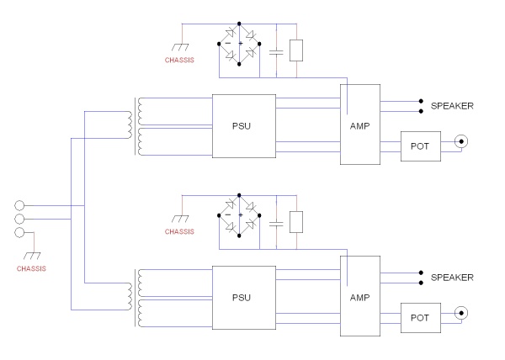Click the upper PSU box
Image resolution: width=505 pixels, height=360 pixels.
coord(243,126)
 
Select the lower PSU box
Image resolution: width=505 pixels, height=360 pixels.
coord(243,298)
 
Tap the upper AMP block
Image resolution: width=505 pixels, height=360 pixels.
coord(359,124)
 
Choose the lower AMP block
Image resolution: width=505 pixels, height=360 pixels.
coord(359,296)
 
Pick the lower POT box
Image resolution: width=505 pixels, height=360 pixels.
coord(419,317)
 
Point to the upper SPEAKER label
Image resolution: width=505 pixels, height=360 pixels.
coord(452,106)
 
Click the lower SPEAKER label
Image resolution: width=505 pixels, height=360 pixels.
coord(452,278)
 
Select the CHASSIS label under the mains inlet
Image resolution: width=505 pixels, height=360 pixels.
coord(31,268)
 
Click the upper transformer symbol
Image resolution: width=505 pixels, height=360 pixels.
coord(135,126)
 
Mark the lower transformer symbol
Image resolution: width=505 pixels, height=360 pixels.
coord(135,299)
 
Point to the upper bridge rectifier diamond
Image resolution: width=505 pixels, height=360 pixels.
coord(240,44)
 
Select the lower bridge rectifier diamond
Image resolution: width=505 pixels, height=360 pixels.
coord(240,215)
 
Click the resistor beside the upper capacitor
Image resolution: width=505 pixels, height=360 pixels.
coord(295,51)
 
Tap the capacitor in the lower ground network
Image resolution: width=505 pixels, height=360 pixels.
coord(276,223)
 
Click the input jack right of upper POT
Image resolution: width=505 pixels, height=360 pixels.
coord(460,142)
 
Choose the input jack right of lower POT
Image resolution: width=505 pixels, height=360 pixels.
coord(460,314)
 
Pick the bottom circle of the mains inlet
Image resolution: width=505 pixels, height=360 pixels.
coord(20,235)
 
